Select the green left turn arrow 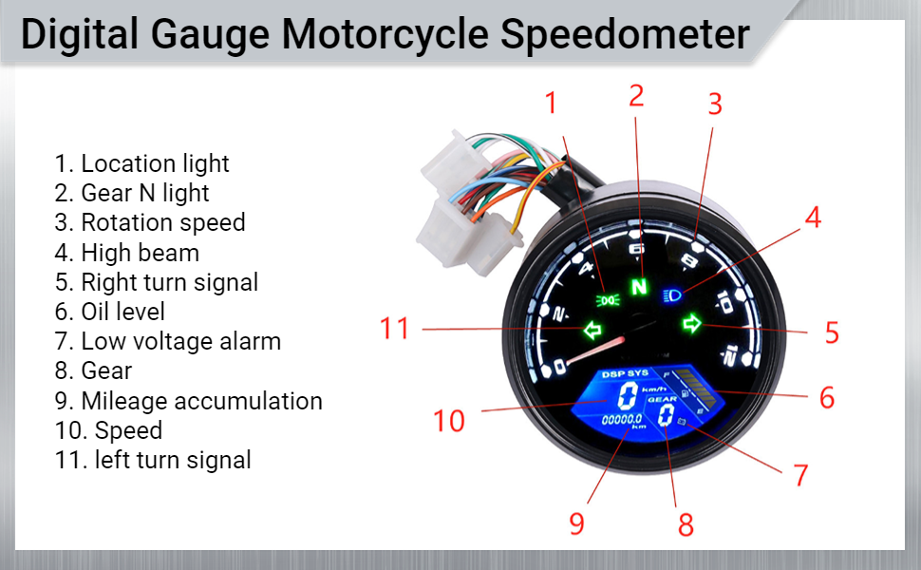click(593, 331)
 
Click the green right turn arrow click(692, 325)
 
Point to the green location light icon click(605, 300)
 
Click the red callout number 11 click(395, 329)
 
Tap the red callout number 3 click(715, 104)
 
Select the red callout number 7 click(800, 475)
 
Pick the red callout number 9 click(577, 523)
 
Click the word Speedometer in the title click(625, 34)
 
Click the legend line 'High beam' click(140, 253)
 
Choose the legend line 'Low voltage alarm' click(180, 341)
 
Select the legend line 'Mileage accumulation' click(201, 401)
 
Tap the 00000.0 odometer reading click(623, 418)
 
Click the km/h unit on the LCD click(652, 388)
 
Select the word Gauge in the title click(210, 34)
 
